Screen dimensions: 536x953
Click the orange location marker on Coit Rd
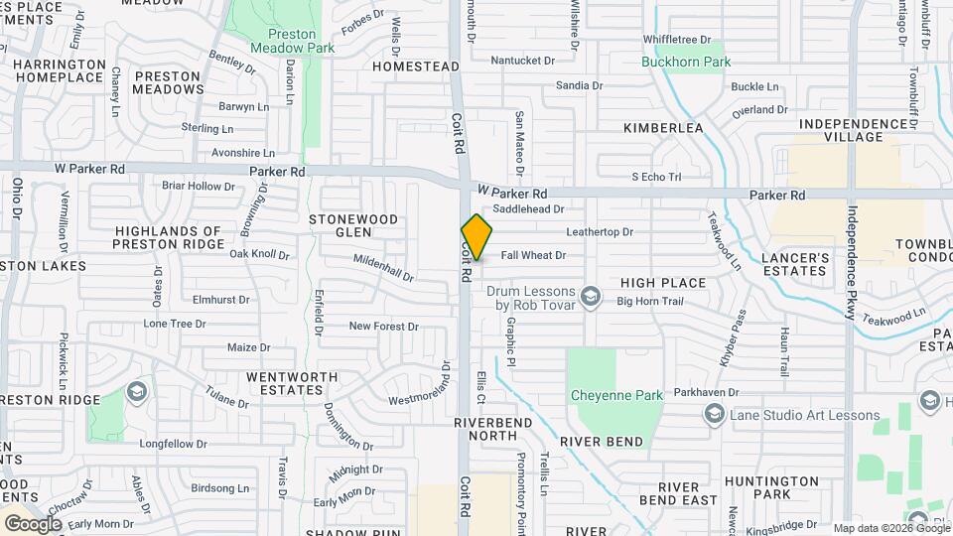[476, 236]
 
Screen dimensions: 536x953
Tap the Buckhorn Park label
[685, 62]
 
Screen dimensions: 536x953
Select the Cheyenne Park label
[616, 395]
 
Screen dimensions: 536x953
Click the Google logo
[33, 523]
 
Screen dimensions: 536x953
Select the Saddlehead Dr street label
[528, 209]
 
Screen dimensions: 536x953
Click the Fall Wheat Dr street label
[533, 255]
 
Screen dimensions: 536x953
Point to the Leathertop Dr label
[599, 232]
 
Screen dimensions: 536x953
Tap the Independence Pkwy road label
[851, 262]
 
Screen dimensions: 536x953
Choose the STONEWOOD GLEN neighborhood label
[352, 225]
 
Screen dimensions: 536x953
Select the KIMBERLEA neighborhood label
[663, 128]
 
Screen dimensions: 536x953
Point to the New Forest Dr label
[383, 326]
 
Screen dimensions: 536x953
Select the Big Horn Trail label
[651, 300]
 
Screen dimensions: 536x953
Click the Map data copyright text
[890, 528]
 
